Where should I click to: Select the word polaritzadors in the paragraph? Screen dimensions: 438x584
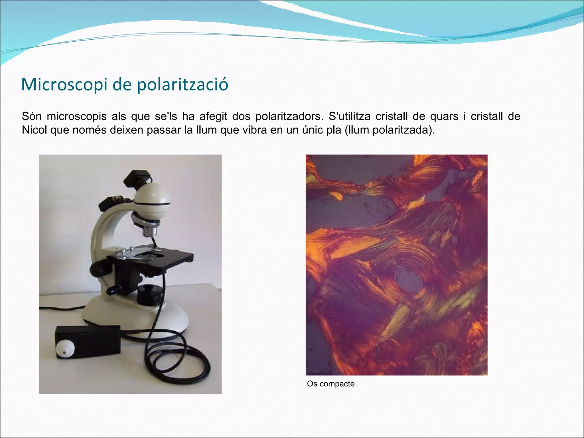(289, 116)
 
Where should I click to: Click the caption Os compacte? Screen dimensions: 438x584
(331, 384)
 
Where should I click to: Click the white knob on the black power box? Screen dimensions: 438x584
(65, 348)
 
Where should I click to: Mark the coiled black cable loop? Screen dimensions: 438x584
(177, 362)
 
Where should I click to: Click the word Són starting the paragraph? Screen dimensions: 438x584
(32, 116)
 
